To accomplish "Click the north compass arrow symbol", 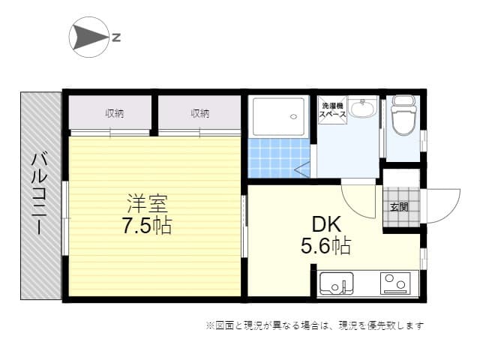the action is pyautogui.click(x=88, y=37).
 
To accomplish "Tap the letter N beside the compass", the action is pyautogui.click(x=116, y=37).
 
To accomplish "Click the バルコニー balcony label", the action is pyautogui.click(x=40, y=193).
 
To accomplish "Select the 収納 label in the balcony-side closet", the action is pyautogui.click(x=115, y=113).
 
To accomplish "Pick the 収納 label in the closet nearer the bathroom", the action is pyautogui.click(x=200, y=113).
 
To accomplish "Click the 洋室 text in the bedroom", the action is pyautogui.click(x=148, y=203).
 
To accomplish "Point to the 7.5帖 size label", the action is pyautogui.click(x=147, y=225).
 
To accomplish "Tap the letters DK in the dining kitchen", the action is pyautogui.click(x=326, y=224).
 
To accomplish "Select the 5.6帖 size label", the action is pyautogui.click(x=325, y=245).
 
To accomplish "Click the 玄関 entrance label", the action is pyautogui.click(x=399, y=207).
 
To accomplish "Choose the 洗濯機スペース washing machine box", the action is pyautogui.click(x=332, y=110).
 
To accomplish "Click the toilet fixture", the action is pyautogui.click(x=403, y=115).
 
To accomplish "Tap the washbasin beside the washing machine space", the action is pyautogui.click(x=363, y=107).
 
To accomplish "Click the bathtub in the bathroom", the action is pyautogui.click(x=278, y=116).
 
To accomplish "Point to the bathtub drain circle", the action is pyautogui.click(x=293, y=117).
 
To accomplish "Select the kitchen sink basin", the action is pyautogui.click(x=337, y=283).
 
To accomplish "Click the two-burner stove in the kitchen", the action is pyautogui.click(x=395, y=283).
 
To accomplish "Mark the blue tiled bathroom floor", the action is pyautogui.click(x=278, y=158).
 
